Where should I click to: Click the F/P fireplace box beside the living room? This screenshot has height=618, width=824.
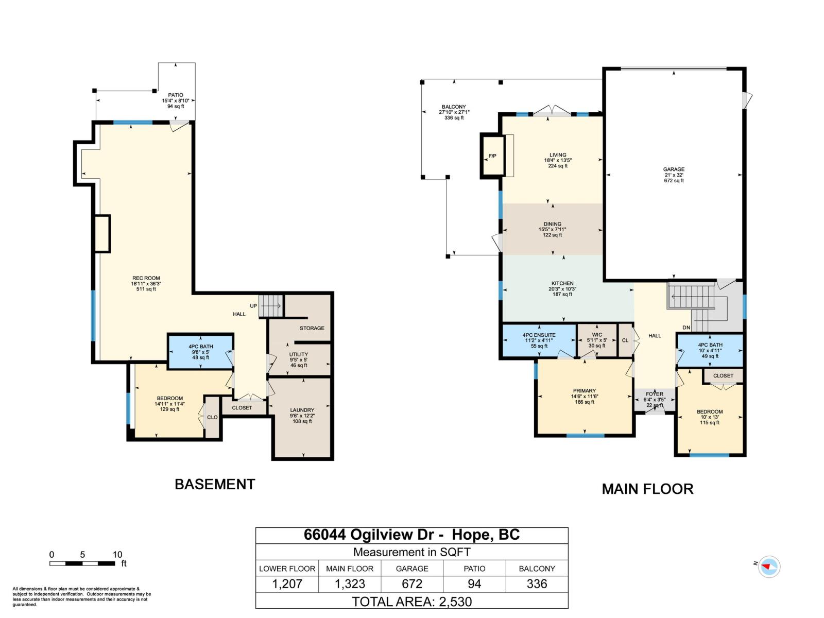(492, 156)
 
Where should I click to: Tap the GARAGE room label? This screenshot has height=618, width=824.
(674, 169)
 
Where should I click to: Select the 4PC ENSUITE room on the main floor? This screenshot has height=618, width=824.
(539, 340)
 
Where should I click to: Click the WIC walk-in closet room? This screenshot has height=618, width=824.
(597, 340)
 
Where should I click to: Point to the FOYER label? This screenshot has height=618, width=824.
(655, 394)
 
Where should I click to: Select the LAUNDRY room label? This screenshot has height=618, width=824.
(302, 410)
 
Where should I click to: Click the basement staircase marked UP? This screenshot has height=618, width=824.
(271, 306)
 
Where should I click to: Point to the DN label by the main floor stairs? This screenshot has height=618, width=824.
(686, 328)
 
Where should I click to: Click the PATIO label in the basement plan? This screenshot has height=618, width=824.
(176, 95)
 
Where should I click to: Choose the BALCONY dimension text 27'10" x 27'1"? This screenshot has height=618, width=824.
(454, 112)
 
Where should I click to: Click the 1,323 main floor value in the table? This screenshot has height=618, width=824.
(350, 584)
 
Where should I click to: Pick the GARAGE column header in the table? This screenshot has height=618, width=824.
(412, 569)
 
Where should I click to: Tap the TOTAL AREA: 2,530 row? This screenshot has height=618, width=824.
(412, 602)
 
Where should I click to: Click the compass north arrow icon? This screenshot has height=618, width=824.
(769, 566)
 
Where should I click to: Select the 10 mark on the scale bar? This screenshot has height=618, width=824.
(117, 555)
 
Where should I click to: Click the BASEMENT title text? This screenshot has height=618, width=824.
(215, 484)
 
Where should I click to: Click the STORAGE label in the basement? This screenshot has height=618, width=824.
(312, 328)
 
